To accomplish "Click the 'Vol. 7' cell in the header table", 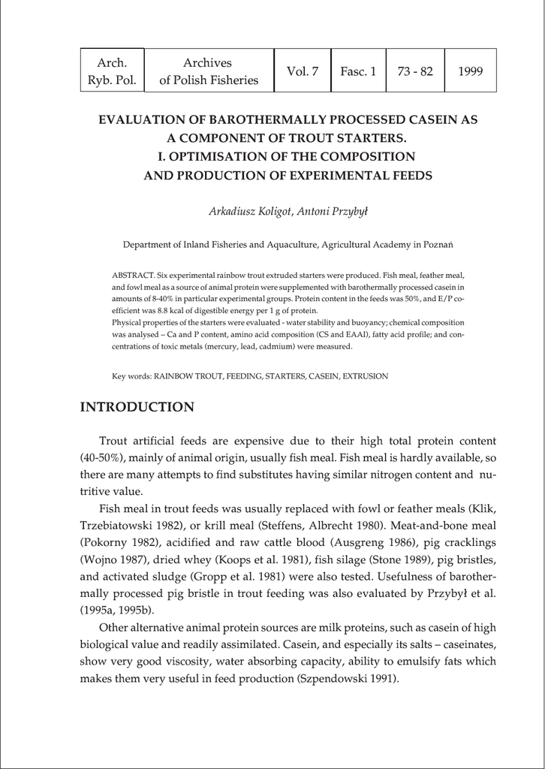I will [303, 71].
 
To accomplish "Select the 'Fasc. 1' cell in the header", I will [358, 71].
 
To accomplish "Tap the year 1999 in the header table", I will [470, 71].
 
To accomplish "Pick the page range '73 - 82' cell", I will [415, 71].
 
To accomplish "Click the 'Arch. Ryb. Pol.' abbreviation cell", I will [112, 71].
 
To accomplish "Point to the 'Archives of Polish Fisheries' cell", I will [208, 71].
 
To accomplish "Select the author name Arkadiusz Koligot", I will [242, 211].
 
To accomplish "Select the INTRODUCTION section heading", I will [137, 408].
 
